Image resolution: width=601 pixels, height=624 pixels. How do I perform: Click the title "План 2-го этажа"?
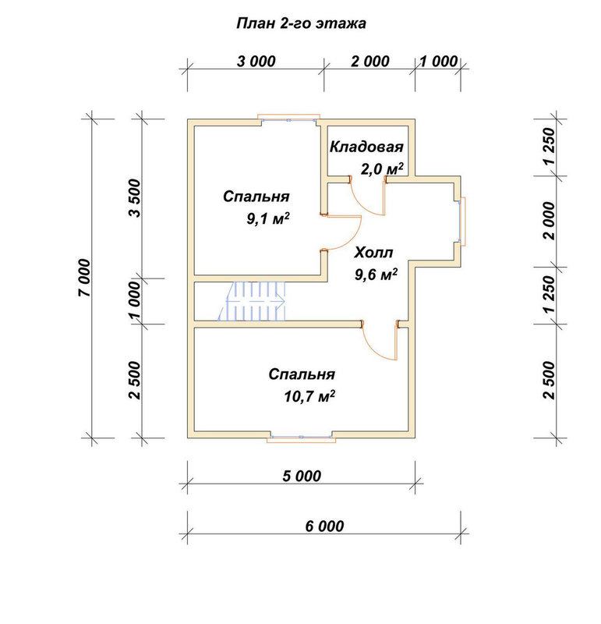pos(301,23)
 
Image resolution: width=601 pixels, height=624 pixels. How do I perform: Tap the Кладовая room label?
pos(366,147)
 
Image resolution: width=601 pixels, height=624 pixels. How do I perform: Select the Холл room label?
pos(373,252)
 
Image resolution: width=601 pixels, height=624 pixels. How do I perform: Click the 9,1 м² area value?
pos(267,218)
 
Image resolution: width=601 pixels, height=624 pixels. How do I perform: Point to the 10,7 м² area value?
pos(309,396)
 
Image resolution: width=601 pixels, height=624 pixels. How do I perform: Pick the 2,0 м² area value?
pos(381,168)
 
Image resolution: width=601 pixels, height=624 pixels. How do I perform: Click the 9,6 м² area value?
pos(376,275)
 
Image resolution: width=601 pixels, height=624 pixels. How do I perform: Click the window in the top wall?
pos(289,119)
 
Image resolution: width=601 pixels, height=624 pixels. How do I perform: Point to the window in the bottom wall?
pos(302,438)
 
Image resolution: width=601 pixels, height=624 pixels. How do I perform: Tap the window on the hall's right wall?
pos(461,222)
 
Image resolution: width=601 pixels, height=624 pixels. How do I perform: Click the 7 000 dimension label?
pos(85,278)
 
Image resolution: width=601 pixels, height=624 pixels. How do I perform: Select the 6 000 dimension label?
pos(324,526)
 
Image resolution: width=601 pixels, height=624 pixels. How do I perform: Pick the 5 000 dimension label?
pos(302,476)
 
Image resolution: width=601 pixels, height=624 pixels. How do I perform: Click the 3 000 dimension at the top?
pos(256,62)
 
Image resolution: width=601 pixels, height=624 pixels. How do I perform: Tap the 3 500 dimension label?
pos(135,198)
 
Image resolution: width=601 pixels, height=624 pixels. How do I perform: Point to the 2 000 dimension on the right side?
pos(550,221)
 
